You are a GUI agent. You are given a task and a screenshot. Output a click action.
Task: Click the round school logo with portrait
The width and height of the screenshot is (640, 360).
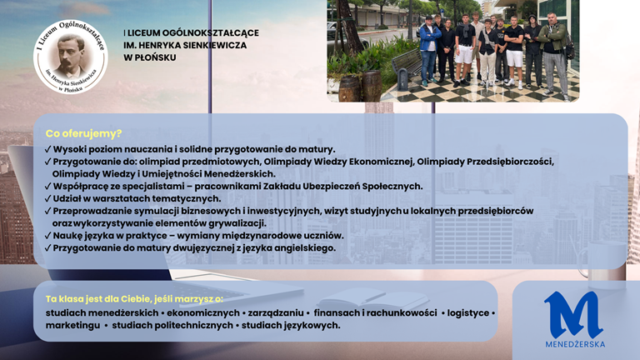tap(71, 57)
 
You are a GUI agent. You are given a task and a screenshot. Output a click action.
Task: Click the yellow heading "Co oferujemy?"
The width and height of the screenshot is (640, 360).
tap(83, 133)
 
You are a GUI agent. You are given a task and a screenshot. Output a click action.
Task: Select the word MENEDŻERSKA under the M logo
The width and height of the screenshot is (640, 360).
tap(575, 344)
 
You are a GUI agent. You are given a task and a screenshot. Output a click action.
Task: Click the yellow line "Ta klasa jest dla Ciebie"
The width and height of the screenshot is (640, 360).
tap(134, 299)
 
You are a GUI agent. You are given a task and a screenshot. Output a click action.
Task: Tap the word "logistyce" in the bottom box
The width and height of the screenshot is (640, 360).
tap(467, 313)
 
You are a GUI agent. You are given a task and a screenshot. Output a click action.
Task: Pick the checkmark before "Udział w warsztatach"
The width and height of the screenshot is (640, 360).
tap(47, 199)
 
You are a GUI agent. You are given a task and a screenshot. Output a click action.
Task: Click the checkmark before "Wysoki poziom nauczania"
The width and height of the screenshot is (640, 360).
tap(47, 149)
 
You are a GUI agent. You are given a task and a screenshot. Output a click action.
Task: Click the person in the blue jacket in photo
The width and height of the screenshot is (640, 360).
tap(429, 50)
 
